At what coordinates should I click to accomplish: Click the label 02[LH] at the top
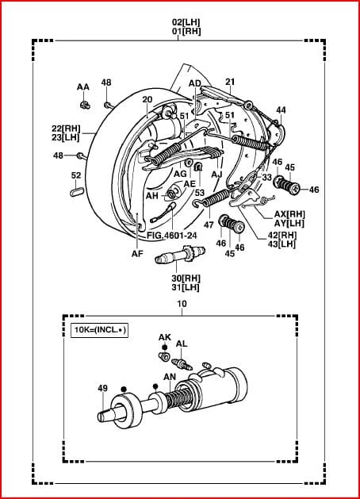[x=186, y=22]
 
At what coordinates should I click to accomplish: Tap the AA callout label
[x=83, y=87]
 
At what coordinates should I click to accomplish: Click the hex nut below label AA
[x=85, y=105]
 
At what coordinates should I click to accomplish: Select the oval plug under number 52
[x=77, y=192]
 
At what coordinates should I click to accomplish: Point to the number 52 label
[x=76, y=175]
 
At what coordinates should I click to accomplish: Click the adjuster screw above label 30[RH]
[x=180, y=255]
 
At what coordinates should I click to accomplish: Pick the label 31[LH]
[x=186, y=287]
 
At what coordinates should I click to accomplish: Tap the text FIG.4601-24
[x=172, y=236]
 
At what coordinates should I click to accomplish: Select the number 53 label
[x=200, y=193]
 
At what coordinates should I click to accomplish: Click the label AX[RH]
[x=289, y=214]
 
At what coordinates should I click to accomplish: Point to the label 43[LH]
[x=281, y=244]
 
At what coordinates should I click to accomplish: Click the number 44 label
[x=281, y=110]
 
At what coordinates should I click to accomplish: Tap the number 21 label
[x=230, y=82]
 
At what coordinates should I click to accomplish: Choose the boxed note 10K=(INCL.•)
[x=100, y=330]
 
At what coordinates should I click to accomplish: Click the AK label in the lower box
[x=165, y=337]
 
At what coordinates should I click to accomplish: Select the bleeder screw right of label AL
[x=182, y=364]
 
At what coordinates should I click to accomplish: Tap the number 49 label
[x=103, y=388]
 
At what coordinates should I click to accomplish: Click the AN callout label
[x=170, y=377]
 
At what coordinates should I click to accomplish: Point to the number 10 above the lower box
[x=182, y=304]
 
